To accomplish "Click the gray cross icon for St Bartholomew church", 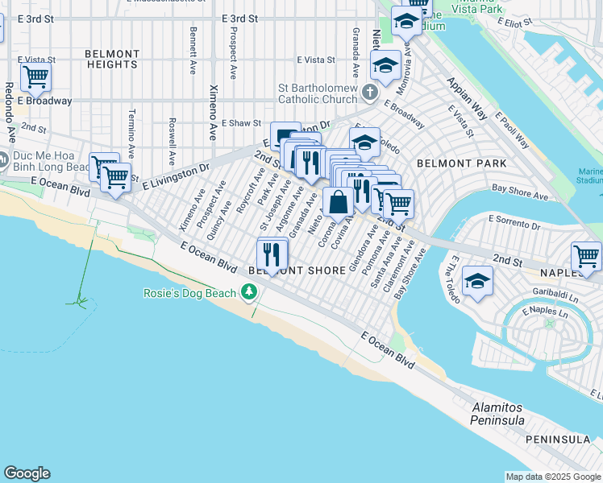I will (370, 92).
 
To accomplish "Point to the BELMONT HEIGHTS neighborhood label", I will (111, 58).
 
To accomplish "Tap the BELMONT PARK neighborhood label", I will (462, 163).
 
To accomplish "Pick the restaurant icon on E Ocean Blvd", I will (272, 255).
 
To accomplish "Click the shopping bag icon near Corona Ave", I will (338, 201).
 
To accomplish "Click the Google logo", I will (27, 473).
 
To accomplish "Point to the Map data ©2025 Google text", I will (553, 476).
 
